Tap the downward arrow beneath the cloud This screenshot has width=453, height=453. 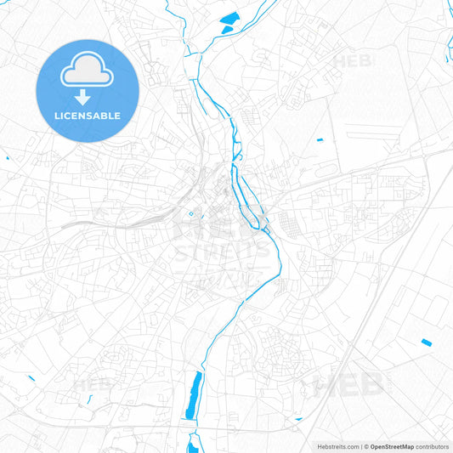(88, 98)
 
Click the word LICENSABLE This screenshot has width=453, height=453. (88, 116)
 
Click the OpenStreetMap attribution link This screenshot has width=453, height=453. (392, 446)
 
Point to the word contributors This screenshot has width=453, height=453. (433, 446)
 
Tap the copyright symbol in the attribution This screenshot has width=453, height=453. (366, 446)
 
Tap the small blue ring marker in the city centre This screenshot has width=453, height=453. (191, 213)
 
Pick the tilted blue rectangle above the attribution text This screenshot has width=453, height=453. (426, 342)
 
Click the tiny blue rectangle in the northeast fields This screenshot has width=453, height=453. (320, 139)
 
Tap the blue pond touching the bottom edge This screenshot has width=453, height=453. (192, 443)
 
